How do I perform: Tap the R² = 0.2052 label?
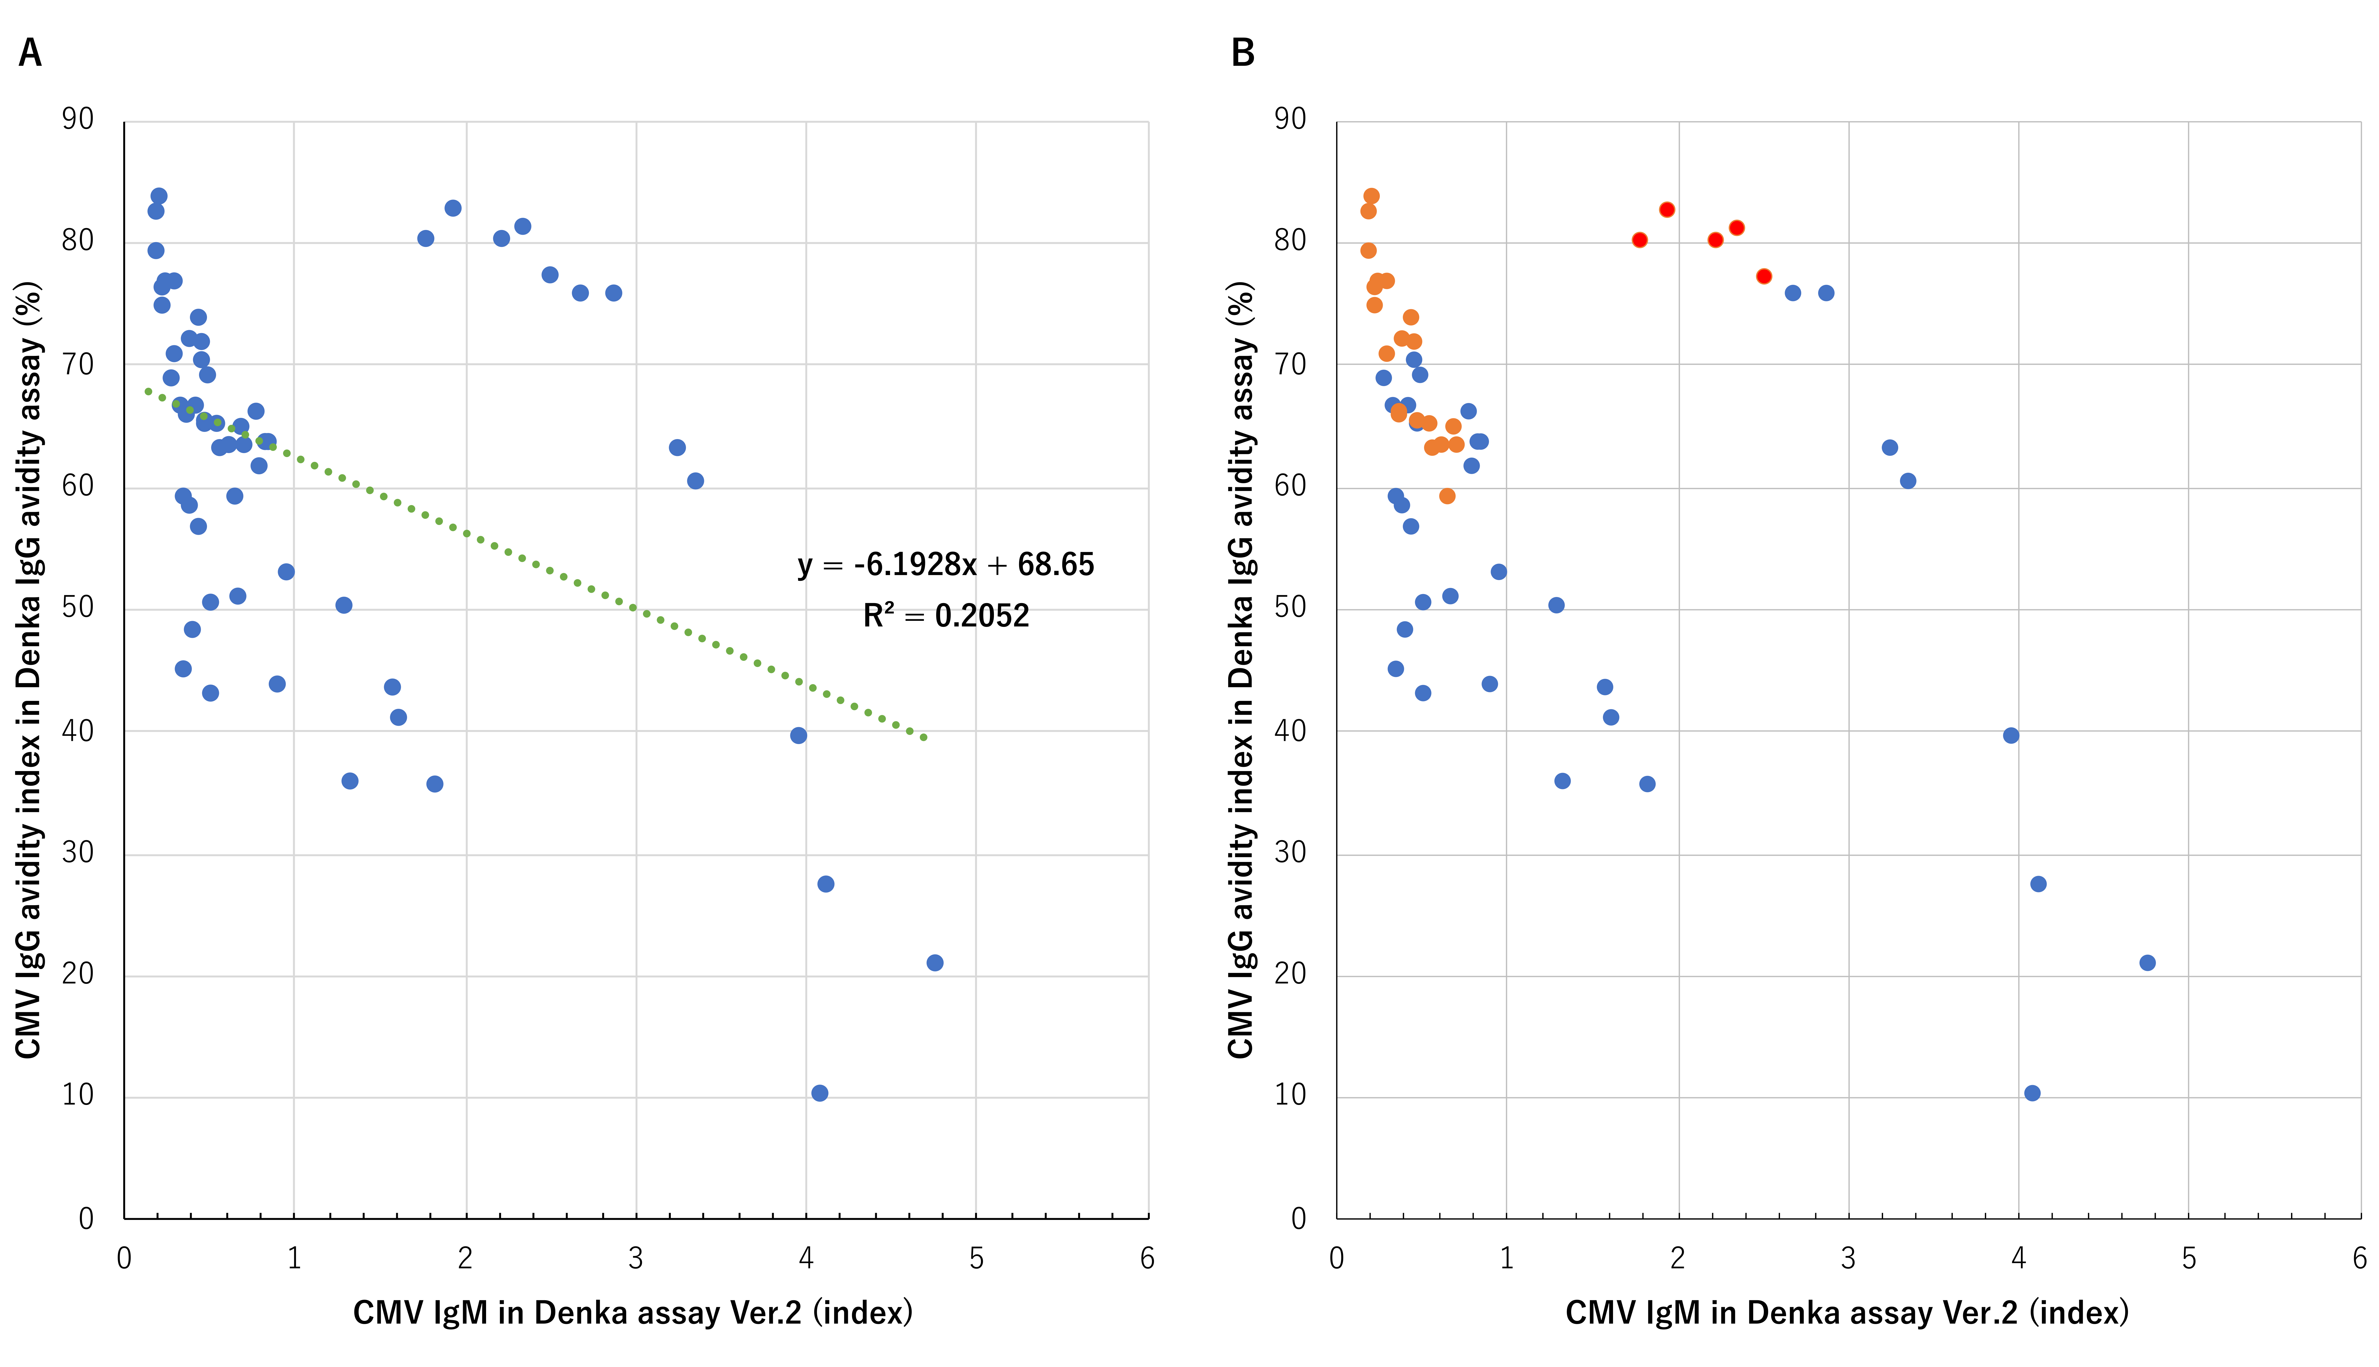[x=945, y=616]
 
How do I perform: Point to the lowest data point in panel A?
[x=820, y=1093]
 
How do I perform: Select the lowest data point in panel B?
[x=2033, y=1093]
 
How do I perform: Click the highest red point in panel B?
[x=1667, y=209]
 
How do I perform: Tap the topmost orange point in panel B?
[x=1372, y=196]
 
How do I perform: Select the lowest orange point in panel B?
[x=1448, y=496]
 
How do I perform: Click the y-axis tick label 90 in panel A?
[x=78, y=119]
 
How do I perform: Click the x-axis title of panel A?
[x=633, y=1312]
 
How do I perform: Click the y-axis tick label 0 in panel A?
[x=86, y=1219]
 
